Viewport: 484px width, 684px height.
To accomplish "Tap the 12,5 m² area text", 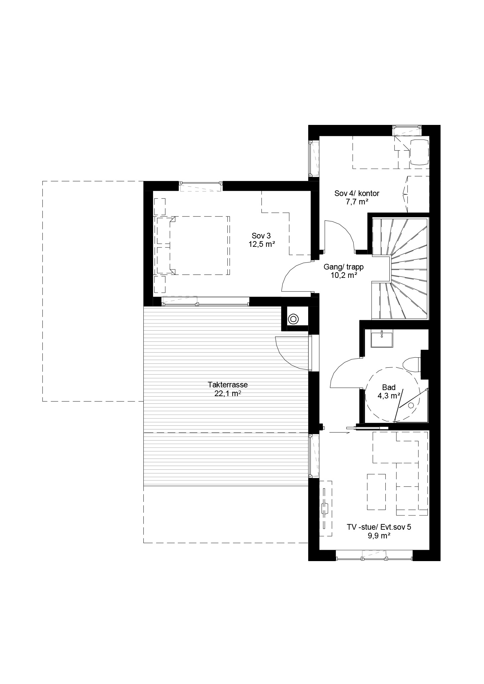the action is (261, 244).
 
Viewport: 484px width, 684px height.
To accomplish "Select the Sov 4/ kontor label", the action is (357, 193).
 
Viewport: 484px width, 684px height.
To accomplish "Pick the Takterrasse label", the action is (228, 385).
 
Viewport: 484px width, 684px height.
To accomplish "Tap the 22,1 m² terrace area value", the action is (228, 393).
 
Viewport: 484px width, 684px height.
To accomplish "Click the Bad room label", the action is (389, 387).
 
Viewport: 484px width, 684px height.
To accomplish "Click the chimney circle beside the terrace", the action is (293, 319).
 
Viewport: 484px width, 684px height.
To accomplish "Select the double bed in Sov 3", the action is (200, 245).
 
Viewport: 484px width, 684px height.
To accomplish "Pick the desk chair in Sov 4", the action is (419, 152).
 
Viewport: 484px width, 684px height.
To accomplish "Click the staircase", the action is (400, 269).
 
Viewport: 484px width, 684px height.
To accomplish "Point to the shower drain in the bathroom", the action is (411, 405).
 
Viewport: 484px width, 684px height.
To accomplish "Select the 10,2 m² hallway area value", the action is (344, 276).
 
